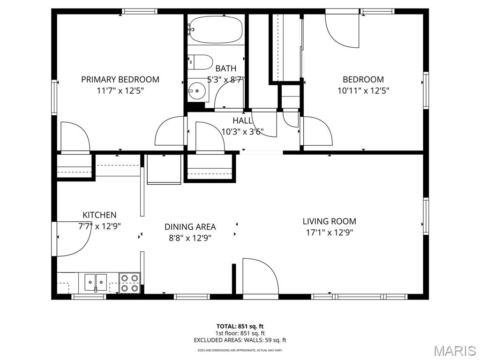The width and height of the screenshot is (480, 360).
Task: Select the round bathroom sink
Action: point(197,90)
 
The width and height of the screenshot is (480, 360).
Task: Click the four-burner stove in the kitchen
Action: point(129,283)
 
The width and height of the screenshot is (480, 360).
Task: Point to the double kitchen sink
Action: point(96,282)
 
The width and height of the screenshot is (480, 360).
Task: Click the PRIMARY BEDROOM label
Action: point(120,80)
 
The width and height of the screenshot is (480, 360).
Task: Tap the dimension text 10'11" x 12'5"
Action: point(363,91)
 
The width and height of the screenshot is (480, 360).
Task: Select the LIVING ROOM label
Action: point(329,221)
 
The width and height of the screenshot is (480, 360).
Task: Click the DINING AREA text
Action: point(190,227)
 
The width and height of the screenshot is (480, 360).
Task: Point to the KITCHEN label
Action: point(99,215)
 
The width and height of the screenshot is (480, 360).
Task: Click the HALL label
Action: point(242,121)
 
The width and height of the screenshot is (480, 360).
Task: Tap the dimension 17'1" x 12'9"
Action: point(329,232)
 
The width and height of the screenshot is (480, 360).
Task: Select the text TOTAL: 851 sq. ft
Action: point(240,326)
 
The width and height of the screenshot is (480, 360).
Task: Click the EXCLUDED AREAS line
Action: point(240,340)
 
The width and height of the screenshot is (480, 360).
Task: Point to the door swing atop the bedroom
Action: point(342,29)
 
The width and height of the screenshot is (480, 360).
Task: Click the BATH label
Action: point(226,69)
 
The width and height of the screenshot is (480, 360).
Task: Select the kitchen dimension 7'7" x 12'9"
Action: point(99,226)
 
